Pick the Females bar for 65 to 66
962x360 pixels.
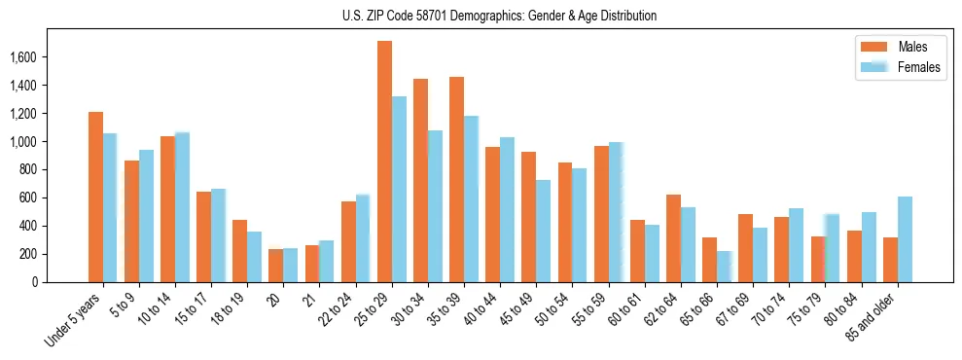(x=725, y=267)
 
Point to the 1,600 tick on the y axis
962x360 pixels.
(x=22, y=57)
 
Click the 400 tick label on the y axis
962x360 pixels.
(x=26, y=226)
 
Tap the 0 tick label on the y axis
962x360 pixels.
(x=33, y=282)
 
